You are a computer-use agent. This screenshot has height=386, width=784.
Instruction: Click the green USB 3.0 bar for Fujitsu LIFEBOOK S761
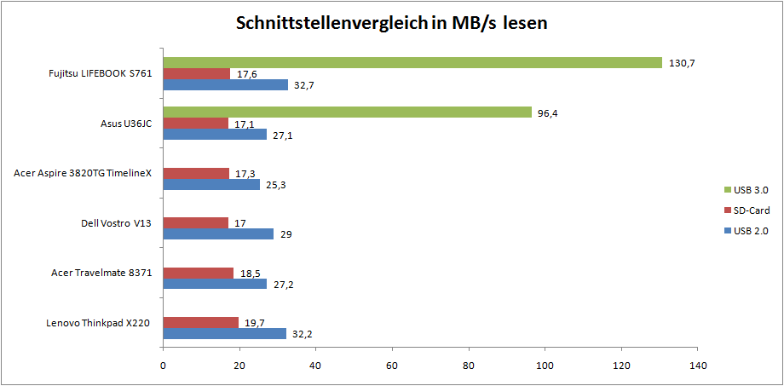coord(412,62)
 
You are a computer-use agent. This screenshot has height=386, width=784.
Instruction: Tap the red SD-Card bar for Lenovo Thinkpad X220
coord(200,322)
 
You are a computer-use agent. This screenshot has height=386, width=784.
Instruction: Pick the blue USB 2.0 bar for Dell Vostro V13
coord(218,233)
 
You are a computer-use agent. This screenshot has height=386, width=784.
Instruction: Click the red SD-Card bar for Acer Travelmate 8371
coord(198,273)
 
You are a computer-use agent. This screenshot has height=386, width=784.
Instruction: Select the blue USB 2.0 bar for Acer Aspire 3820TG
coord(211,184)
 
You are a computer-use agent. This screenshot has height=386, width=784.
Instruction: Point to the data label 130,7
coord(682,63)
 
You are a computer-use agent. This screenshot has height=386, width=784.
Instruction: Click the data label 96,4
coord(548,112)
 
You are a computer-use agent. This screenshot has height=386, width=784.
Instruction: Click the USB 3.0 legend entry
coord(750,190)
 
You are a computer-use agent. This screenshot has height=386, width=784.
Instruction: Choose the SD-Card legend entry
coord(750,210)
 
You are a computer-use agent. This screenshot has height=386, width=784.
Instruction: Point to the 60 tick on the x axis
coord(392,366)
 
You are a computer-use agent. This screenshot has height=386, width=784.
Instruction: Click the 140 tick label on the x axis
coord(697,366)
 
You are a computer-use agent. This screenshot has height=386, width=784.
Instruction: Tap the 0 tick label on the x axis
coord(163,366)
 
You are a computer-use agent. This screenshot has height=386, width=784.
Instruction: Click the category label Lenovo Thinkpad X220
coord(99,322)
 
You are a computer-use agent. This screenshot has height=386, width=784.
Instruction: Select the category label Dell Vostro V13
coord(116,223)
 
